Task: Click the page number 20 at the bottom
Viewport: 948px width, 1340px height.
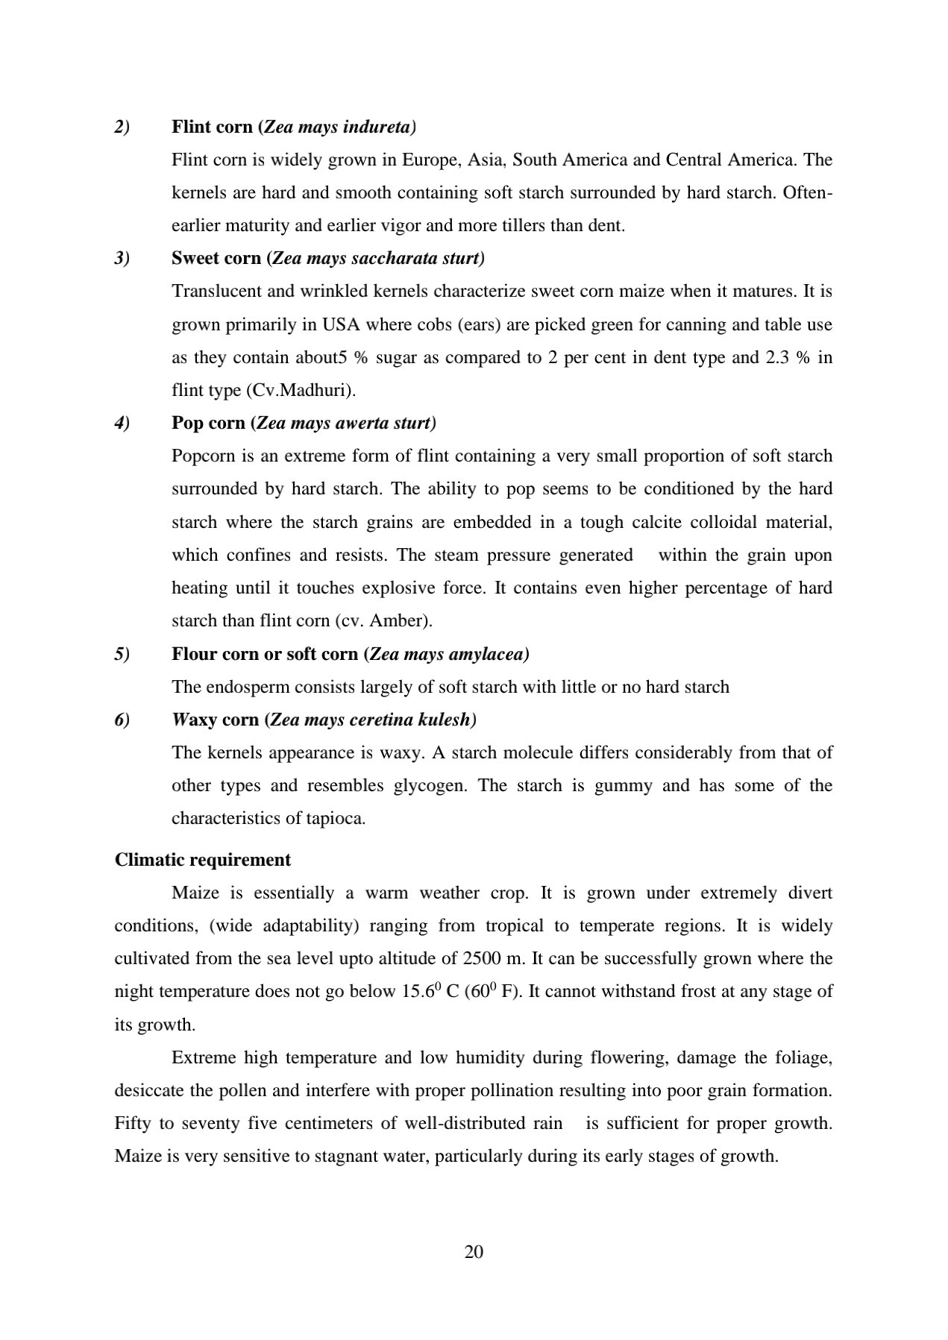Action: [x=474, y=1252]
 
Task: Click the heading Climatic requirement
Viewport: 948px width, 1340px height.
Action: [x=203, y=860]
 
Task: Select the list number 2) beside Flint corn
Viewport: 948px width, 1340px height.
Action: [x=122, y=127]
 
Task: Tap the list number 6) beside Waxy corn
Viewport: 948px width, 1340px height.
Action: [x=122, y=720]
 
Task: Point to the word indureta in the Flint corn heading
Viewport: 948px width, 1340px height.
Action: [x=381, y=127]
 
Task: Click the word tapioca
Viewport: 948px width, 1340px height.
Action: [x=335, y=818]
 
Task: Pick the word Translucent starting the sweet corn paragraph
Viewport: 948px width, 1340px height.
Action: [x=215, y=291]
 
